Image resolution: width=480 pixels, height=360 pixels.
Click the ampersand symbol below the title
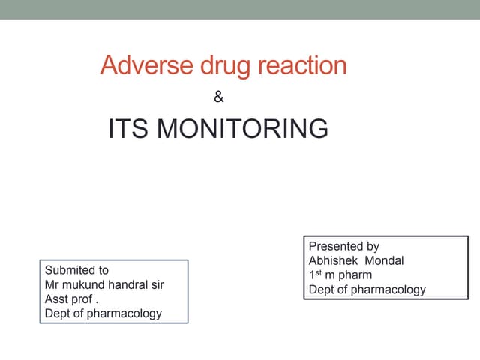(x=219, y=97)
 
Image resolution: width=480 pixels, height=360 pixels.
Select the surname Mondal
(x=384, y=260)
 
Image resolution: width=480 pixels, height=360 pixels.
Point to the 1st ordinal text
(x=316, y=274)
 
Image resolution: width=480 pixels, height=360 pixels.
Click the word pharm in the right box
(x=355, y=275)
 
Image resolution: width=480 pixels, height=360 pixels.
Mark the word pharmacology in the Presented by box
(x=388, y=289)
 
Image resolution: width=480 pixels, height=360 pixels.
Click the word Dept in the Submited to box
(x=58, y=313)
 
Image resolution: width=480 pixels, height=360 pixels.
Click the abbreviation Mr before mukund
(x=52, y=284)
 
